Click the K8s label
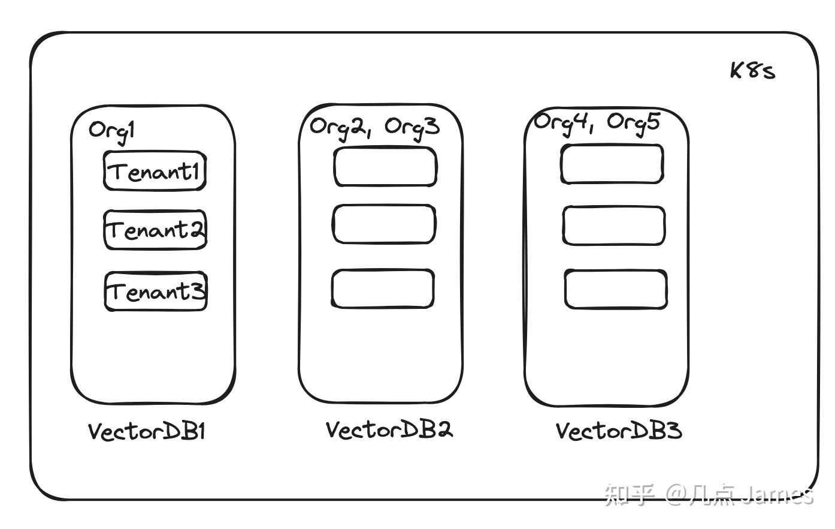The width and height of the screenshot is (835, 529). click(752, 71)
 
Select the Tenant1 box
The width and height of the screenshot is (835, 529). click(155, 172)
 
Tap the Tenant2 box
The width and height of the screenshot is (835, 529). click(155, 230)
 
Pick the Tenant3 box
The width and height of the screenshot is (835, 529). click(156, 292)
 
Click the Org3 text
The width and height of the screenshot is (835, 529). click(412, 127)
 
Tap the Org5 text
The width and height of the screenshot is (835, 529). click(633, 122)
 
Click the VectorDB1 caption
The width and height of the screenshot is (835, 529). click(147, 431)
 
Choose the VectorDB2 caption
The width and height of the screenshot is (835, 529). click(389, 429)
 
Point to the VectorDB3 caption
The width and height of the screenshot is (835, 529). click(619, 431)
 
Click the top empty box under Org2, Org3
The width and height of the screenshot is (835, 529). click(385, 167)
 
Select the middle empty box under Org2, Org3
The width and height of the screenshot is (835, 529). click(384, 224)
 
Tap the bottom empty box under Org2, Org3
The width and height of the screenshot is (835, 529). click(383, 289)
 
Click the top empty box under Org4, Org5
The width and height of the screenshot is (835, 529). click(612, 164)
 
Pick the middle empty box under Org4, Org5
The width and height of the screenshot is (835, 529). click(614, 226)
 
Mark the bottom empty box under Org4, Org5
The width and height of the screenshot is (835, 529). click(616, 290)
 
